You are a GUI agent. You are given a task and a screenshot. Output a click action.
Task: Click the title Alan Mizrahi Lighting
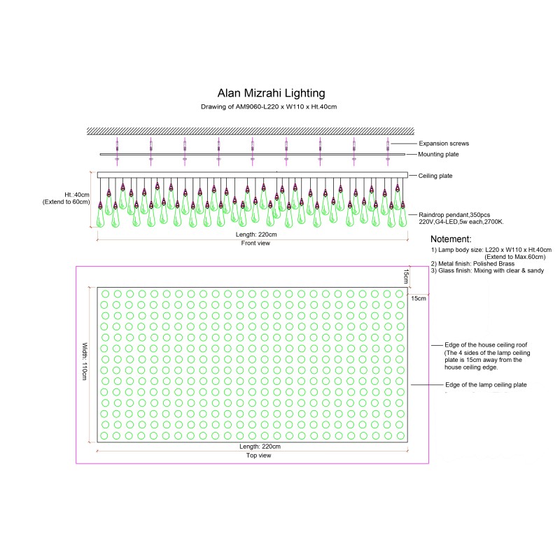(x=271, y=94)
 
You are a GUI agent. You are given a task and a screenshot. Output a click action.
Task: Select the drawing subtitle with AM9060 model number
(x=269, y=106)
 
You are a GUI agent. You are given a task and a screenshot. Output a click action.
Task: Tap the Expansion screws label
(x=444, y=143)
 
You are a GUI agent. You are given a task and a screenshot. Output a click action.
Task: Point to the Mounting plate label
(x=438, y=154)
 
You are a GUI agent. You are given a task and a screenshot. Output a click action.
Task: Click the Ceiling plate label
(x=435, y=176)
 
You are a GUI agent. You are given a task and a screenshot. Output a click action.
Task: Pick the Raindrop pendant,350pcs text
(x=454, y=215)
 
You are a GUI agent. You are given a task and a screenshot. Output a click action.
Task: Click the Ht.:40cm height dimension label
(x=77, y=195)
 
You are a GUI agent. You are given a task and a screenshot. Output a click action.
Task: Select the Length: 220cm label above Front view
(x=256, y=234)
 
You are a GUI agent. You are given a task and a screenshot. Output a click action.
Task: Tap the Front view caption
(x=255, y=243)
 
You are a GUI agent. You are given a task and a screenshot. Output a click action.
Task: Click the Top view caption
(x=258, y=456)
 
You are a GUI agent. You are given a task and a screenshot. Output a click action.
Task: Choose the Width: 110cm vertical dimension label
(x=85, y=361)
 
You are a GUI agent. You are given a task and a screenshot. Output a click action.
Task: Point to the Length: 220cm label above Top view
(x=260, y=447)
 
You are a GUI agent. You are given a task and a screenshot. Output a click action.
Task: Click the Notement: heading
(x=451, y=239)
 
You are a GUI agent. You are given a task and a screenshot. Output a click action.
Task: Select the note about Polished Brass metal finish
(x=472, y=264)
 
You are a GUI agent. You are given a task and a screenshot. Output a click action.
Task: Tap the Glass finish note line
(x=487, y=271)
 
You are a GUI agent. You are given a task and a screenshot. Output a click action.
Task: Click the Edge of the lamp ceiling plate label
(x=486, y=384)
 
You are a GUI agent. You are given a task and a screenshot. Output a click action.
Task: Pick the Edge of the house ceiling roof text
(x=486, y=345)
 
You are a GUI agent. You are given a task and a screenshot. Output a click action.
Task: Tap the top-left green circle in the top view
(x=105, y=294)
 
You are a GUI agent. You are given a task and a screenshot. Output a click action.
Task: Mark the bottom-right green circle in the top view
(x=400, y=435)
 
